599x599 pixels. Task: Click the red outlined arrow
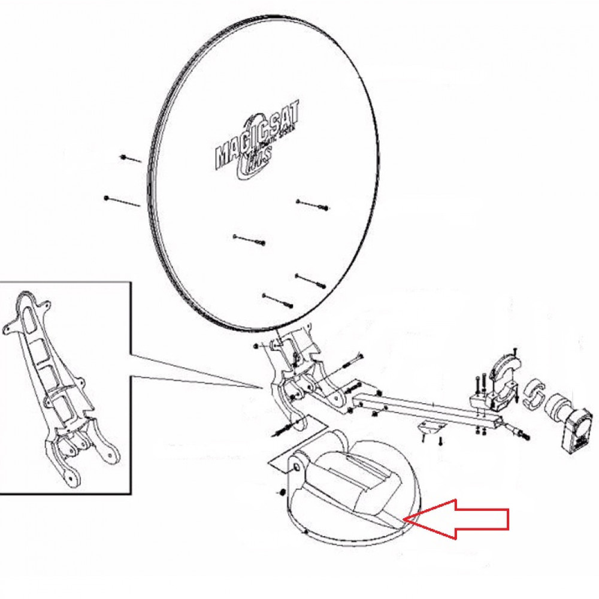[x=461, y=518]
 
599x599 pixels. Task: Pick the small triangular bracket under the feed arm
[x=431, y=426]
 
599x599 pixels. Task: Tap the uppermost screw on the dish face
[x=311, y=205]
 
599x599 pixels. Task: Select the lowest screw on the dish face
[x=277, y=299]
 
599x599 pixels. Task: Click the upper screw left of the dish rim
[x=130, y=159]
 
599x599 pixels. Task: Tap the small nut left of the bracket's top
[x=256, y=346]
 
